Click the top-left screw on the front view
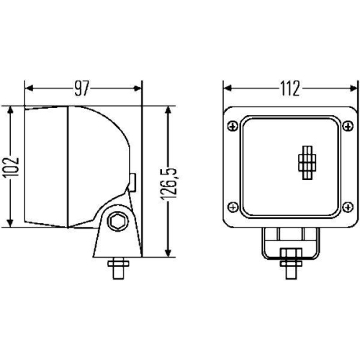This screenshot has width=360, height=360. pyautogui.click(x=233, y=127)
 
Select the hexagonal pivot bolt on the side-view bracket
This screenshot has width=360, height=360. pyautogui.click(x=114, y=222)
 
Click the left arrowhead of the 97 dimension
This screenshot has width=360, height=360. pyautogui.click(x=30, y=89)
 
